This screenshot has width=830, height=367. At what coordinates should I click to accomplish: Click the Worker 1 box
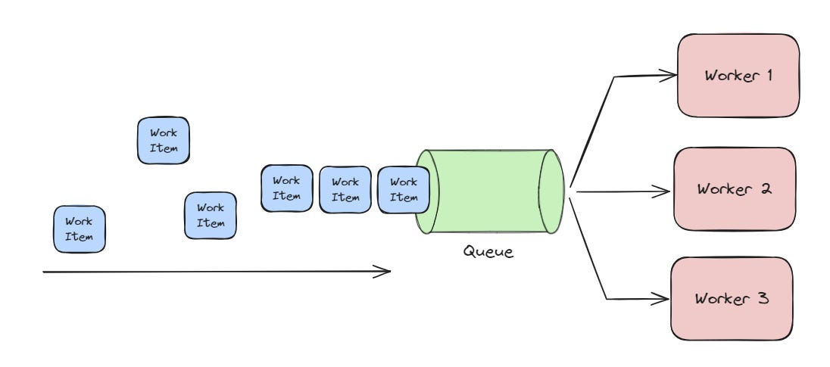tap(738, 76)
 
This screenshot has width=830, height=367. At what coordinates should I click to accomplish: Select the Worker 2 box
tap(734, 188)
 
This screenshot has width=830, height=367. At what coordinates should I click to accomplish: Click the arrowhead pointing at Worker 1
tap(669, 74)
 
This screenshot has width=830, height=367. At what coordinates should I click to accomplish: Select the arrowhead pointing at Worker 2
tap(665, 192)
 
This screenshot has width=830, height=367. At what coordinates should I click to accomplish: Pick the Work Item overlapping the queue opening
tap(403, 189)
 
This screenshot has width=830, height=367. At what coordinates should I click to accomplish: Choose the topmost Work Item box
tap(164, 141)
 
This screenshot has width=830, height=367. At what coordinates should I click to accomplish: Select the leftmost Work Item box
tap(79, 229)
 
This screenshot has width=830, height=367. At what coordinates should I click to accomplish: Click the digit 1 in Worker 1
tap(768, 76)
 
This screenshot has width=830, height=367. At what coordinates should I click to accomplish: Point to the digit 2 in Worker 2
tap(766, 188)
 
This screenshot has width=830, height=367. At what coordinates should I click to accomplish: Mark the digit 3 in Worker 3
tap(764, 298)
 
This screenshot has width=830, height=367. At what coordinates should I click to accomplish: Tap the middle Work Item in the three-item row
tap(345, 189)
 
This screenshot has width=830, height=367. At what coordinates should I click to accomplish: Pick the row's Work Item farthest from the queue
tap(286, 188)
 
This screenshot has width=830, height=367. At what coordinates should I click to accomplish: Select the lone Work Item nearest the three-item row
tap(211, 215)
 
